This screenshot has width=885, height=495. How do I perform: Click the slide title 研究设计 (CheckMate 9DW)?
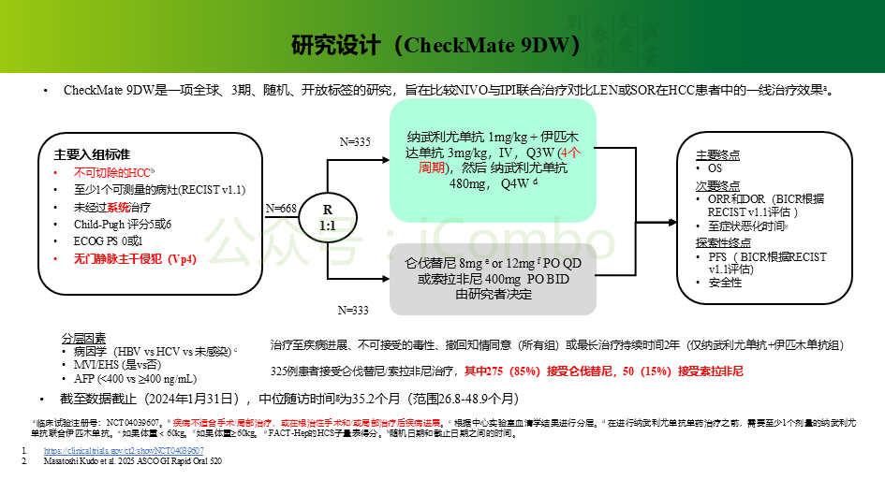(x=435, y=46)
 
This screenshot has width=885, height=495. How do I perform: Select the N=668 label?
(x=282, y=208)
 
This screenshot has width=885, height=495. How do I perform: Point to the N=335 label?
(x=355, y=141)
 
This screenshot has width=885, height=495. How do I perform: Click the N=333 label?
(x=354, y=309)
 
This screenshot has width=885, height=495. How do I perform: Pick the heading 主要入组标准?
(x=92, y=153)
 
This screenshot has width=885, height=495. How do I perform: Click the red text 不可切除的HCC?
(x=114, y=173)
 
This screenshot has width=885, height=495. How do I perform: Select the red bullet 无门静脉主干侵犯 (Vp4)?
(x=135, y=259)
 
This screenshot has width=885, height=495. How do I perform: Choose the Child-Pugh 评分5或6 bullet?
(x=124, y=225)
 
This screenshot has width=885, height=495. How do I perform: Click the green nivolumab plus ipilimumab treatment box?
(x=493, y=169)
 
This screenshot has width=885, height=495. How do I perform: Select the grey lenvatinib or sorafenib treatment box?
(x=493, y=279)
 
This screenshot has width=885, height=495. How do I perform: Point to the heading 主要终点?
(x=718, y=154)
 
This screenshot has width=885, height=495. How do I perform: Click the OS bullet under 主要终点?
(x=715, y=168)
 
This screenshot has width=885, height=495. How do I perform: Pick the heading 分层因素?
(x=84, y=338)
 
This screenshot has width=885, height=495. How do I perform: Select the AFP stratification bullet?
(x=136, y=378)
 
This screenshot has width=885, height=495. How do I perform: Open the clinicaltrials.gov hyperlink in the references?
(x=124, y=451)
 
